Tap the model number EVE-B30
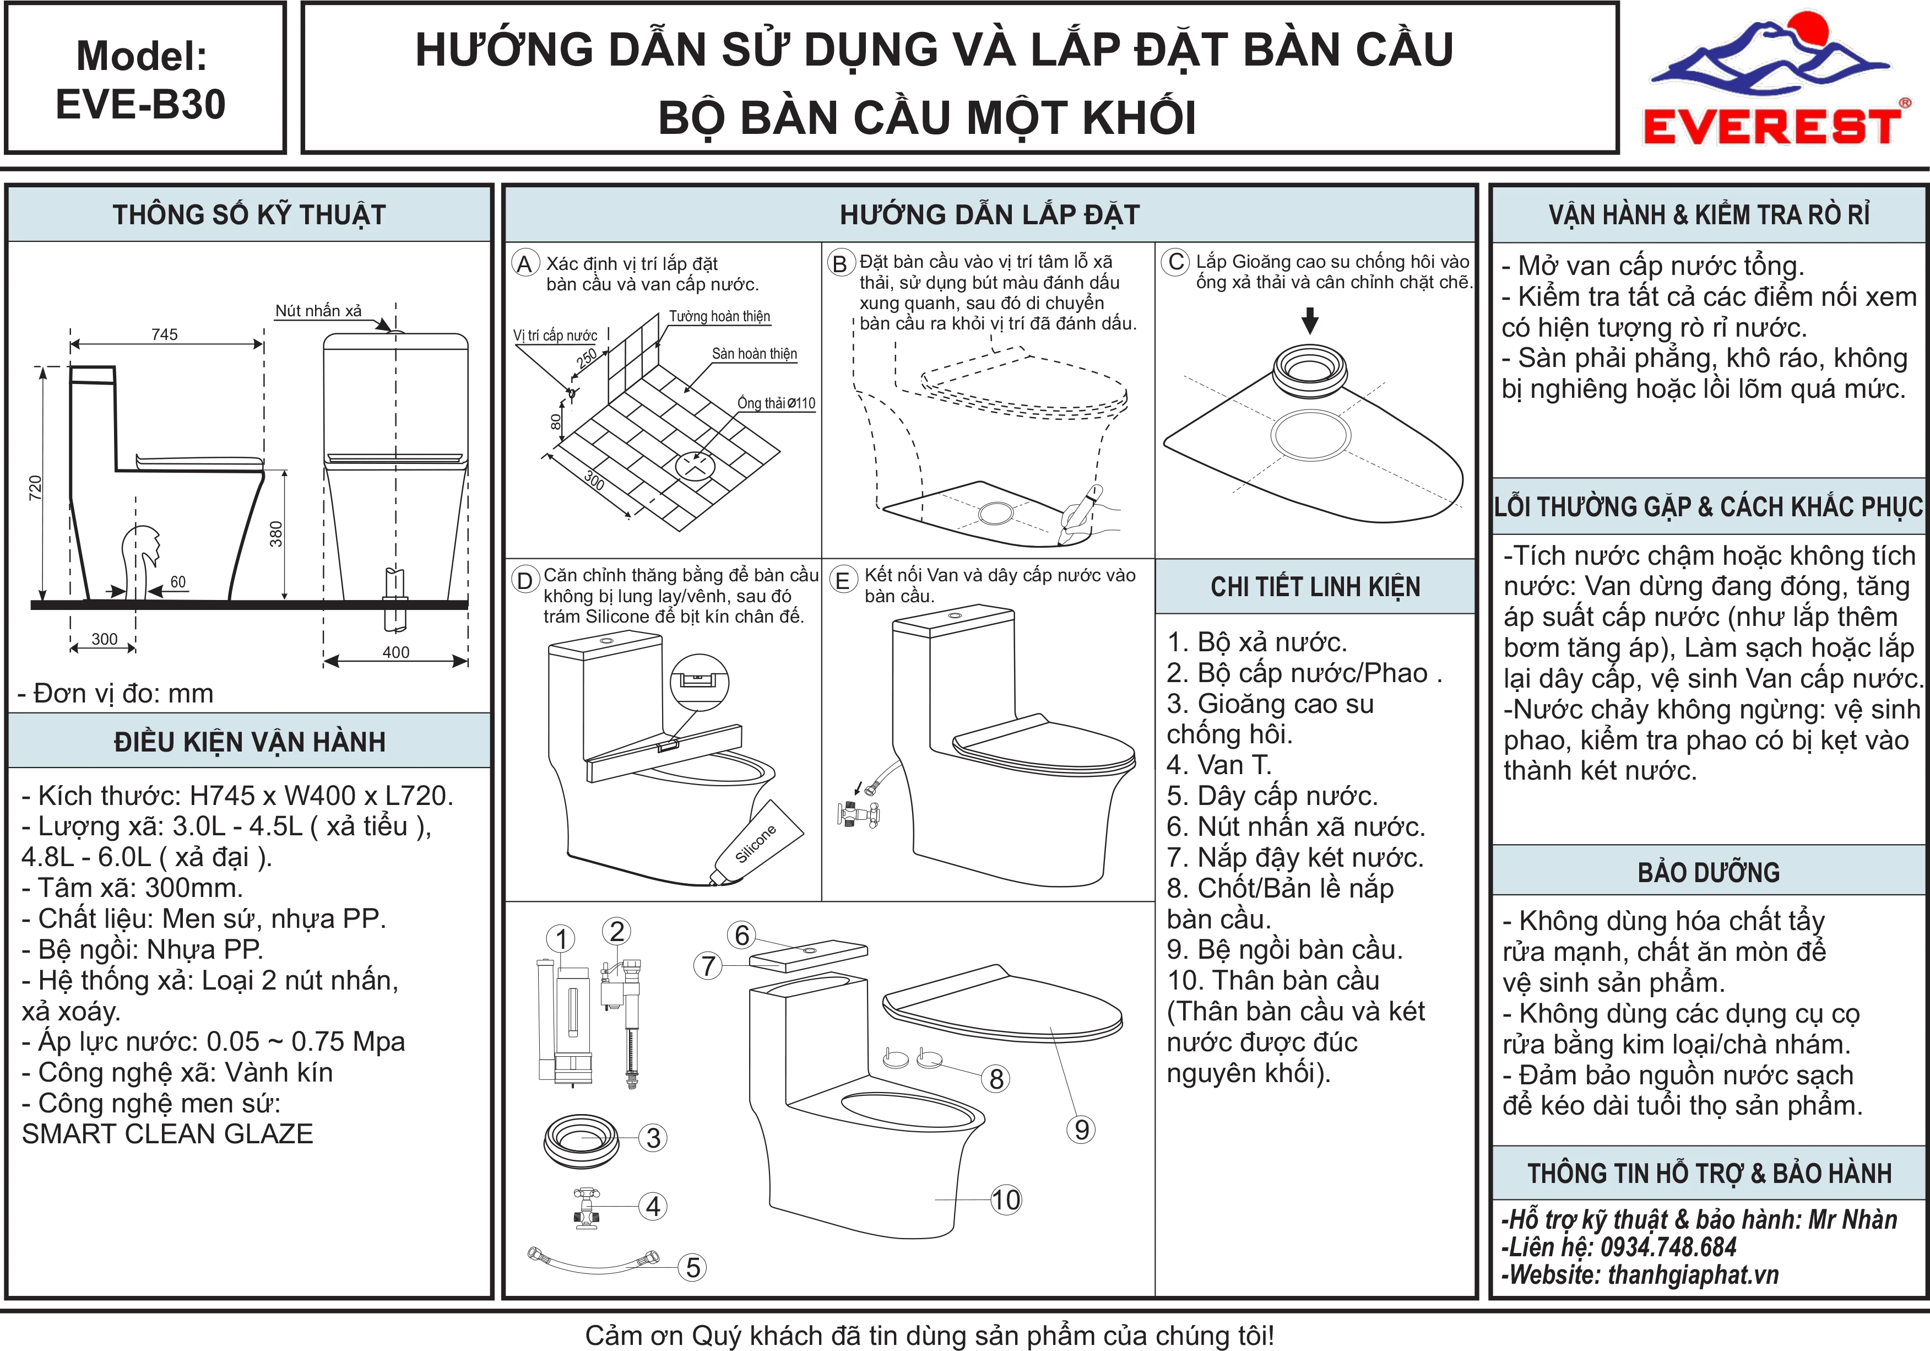point(141,104)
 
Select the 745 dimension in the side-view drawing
point(165,334)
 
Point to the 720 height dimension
point(35,488)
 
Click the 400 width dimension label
point(396,652)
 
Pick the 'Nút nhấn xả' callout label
point(318,310)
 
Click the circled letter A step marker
point(524,264)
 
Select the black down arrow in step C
point(1310,320)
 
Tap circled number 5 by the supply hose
point(693,1267)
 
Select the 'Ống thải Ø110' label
point(777,403)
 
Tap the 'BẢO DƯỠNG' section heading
point(1709,872)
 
